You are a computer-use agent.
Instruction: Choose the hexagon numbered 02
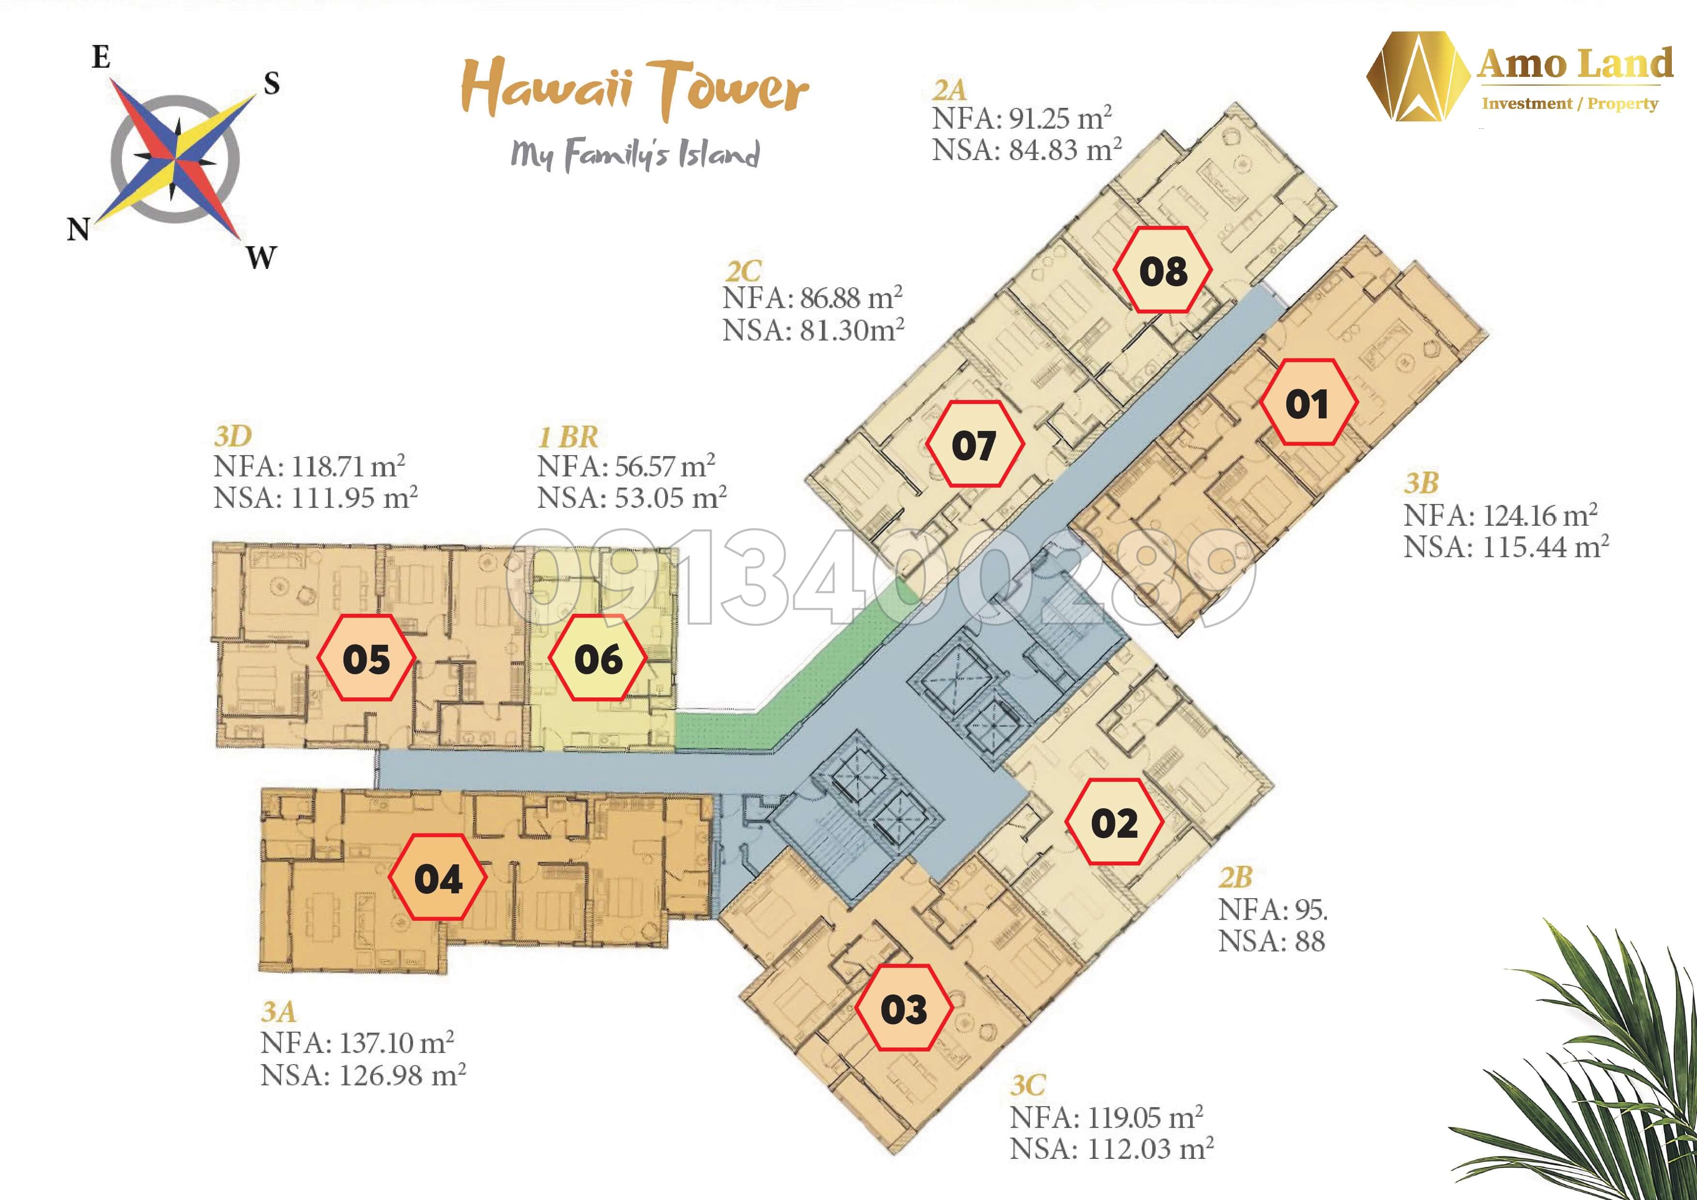point(1115,822)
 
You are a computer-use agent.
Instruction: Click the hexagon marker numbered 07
point(974,444)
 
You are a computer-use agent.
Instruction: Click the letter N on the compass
point(78,230)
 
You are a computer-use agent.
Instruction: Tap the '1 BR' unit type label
point(568,437)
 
